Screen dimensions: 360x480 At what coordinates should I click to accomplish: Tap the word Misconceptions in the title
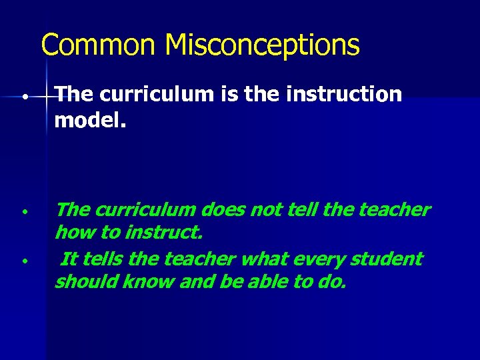tap(262, 45)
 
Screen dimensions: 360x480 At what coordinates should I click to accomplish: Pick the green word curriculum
tap(145, 210)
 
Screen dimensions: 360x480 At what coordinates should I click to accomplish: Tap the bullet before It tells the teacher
tap(23, 260)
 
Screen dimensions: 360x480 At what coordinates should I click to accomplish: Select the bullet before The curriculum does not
tap(23, 211)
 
